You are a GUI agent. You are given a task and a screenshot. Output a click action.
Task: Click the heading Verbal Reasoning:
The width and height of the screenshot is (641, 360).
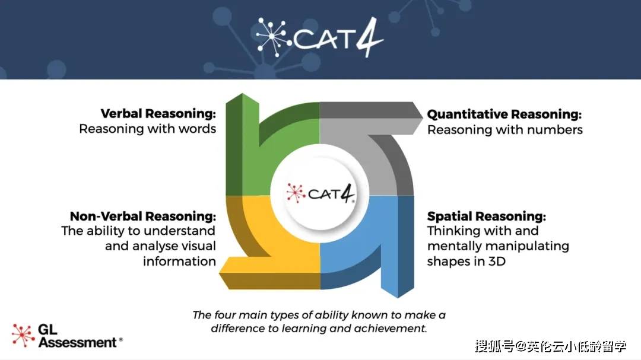point(158,114)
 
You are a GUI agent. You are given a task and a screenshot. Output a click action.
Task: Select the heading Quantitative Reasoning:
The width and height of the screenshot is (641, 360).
point(504,114)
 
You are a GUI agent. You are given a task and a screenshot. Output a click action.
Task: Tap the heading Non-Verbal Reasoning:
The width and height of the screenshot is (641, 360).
point(142,216)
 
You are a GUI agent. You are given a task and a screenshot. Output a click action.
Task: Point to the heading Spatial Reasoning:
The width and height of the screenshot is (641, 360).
point(487,216)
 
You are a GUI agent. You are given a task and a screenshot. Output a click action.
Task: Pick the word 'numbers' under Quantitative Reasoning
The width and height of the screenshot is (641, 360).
point(555,130)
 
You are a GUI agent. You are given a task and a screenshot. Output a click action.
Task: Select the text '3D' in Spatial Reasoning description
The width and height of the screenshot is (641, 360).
point(497,261)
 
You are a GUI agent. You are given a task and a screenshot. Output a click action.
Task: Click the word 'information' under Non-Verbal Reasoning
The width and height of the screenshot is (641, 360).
point(179,261)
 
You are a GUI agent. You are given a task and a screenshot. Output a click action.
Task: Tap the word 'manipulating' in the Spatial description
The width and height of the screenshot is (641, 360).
point(526,246)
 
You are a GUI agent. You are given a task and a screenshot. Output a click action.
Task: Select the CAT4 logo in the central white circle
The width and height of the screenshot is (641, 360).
point(320,193)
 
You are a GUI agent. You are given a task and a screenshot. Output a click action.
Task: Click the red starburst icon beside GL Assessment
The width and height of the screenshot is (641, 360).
point(23,336)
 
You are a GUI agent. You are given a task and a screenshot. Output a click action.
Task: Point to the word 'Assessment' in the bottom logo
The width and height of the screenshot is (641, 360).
point(78,342)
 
